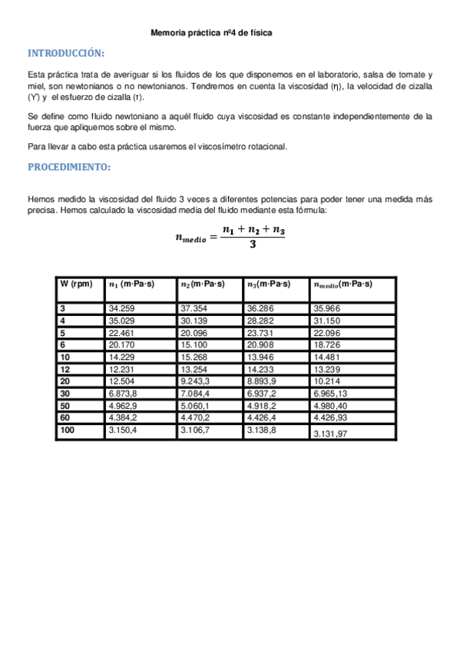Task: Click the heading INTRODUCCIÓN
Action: point(65,54)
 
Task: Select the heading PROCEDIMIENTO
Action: point(69,167)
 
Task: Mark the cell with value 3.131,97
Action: point(333,434)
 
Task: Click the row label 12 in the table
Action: point(65,369)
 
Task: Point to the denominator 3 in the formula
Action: point(253,245)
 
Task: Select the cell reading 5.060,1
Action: point(197,406)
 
